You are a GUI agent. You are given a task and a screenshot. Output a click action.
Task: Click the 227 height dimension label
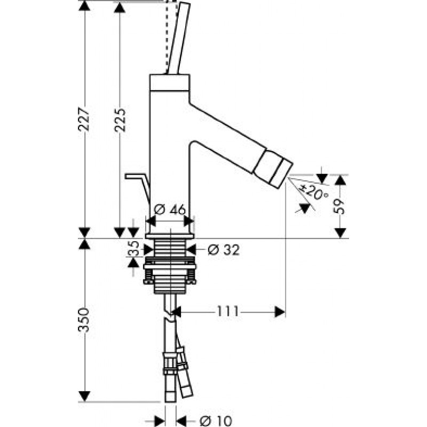[84, 120]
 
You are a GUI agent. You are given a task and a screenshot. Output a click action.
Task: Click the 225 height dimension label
[120, 120]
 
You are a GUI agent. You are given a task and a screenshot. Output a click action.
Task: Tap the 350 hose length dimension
[84, 320]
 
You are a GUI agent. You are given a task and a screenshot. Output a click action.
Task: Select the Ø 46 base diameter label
[170, 210]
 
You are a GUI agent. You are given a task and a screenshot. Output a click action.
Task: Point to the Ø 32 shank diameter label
[224, 250]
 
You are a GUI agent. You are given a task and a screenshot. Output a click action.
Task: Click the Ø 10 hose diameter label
[216, 421]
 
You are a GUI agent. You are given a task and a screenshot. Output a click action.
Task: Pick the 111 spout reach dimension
[228, 311]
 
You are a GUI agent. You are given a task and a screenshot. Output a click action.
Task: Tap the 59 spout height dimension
[339, 206]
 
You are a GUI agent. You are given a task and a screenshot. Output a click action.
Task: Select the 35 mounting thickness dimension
[133, 248]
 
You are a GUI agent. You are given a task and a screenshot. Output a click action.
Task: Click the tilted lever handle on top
[178, 38]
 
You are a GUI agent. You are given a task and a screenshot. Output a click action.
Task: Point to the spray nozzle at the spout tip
[273, 168]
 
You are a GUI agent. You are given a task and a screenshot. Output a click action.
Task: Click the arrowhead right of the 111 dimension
[280, 312]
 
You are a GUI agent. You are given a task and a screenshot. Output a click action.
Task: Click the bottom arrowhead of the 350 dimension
[84, 396]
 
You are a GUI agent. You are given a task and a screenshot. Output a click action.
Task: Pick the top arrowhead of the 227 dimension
[84, 6]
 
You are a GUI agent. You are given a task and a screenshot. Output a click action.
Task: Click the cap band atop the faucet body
[170, 83]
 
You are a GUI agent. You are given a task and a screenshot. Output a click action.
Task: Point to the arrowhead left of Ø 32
[149, 249]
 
